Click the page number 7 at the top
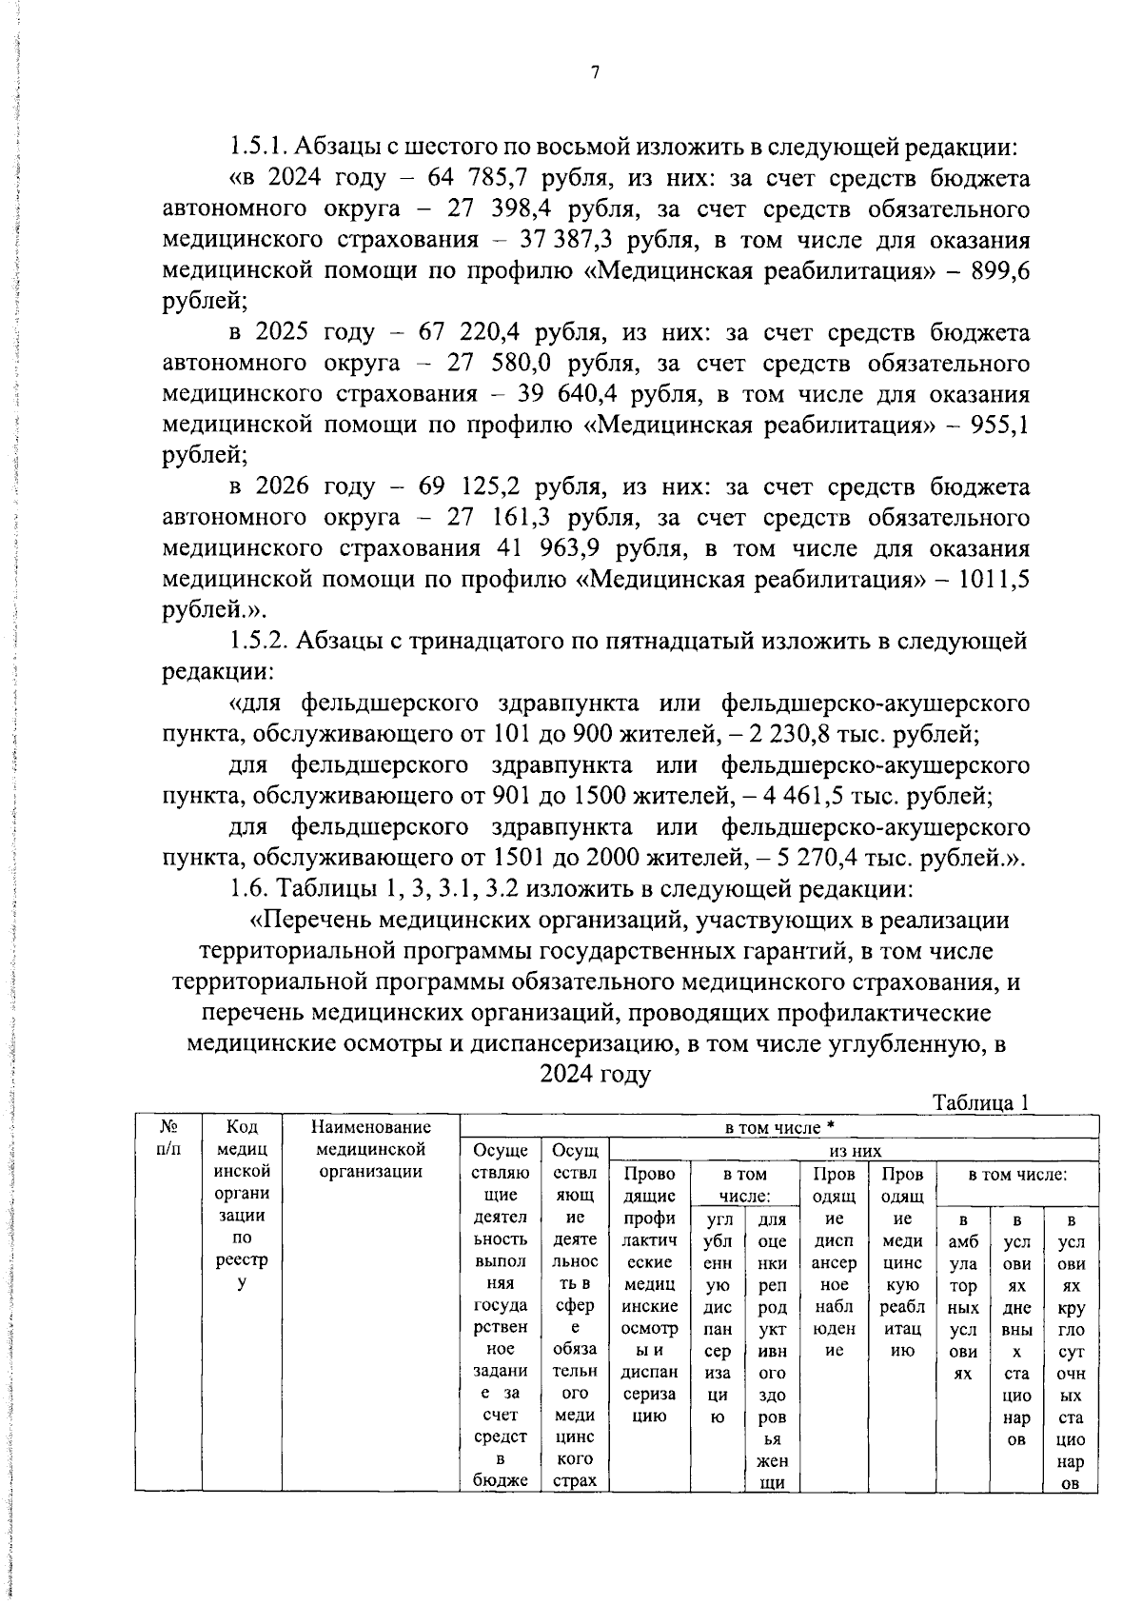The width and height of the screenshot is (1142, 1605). [x=595, y=74]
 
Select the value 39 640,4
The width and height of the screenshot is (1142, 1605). [x=562, y=394]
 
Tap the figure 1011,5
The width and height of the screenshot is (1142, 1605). [x=995, y=579]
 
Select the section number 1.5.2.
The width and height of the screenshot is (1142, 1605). [x=259, y=641]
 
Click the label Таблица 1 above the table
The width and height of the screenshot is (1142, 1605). [x=981, y=1102]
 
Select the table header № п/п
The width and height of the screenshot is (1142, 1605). [x=167, y=1138]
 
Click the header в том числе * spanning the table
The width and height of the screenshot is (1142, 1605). [x=779, y=1127]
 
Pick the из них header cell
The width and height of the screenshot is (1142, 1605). [x=855, y=1150]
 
